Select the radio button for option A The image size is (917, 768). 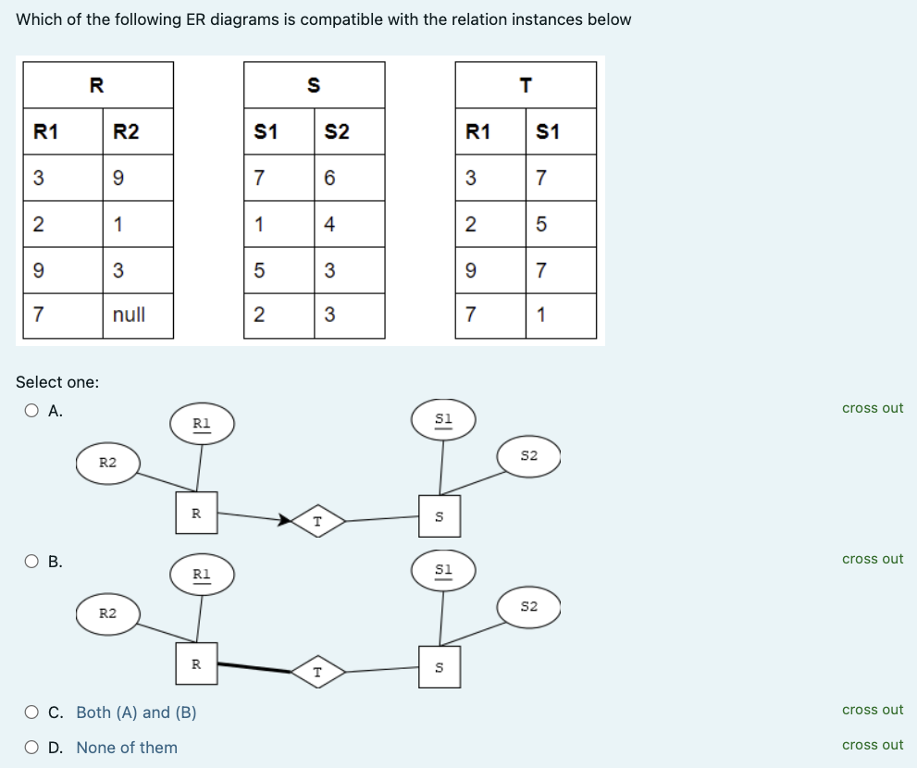[x=33, y=411]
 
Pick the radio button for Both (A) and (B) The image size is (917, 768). [x=33, y=712]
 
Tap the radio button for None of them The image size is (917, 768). [x=33, y=748]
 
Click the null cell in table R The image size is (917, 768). [x=129, y=315]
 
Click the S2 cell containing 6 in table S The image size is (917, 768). [x=328, y=177]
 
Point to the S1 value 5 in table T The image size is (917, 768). [x=541, y=223]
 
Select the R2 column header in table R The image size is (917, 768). [x=127, y=131]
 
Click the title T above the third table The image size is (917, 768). [x=526, y=86]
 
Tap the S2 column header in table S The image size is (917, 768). [x=338, y=131]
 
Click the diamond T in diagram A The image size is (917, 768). [x=317, y=522]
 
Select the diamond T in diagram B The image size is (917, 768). [x=317, y=672]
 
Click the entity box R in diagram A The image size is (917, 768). [x=196, y=513]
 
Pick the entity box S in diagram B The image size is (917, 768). [x=440, y=666]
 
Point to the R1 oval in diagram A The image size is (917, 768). [x=201, y=423]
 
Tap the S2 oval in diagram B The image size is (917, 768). [x=528, y=607]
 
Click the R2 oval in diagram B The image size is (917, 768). [x=107, y=613]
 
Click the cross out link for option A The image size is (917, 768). [x=872, y=408]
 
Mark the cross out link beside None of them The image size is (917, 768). [x=872, y=745]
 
